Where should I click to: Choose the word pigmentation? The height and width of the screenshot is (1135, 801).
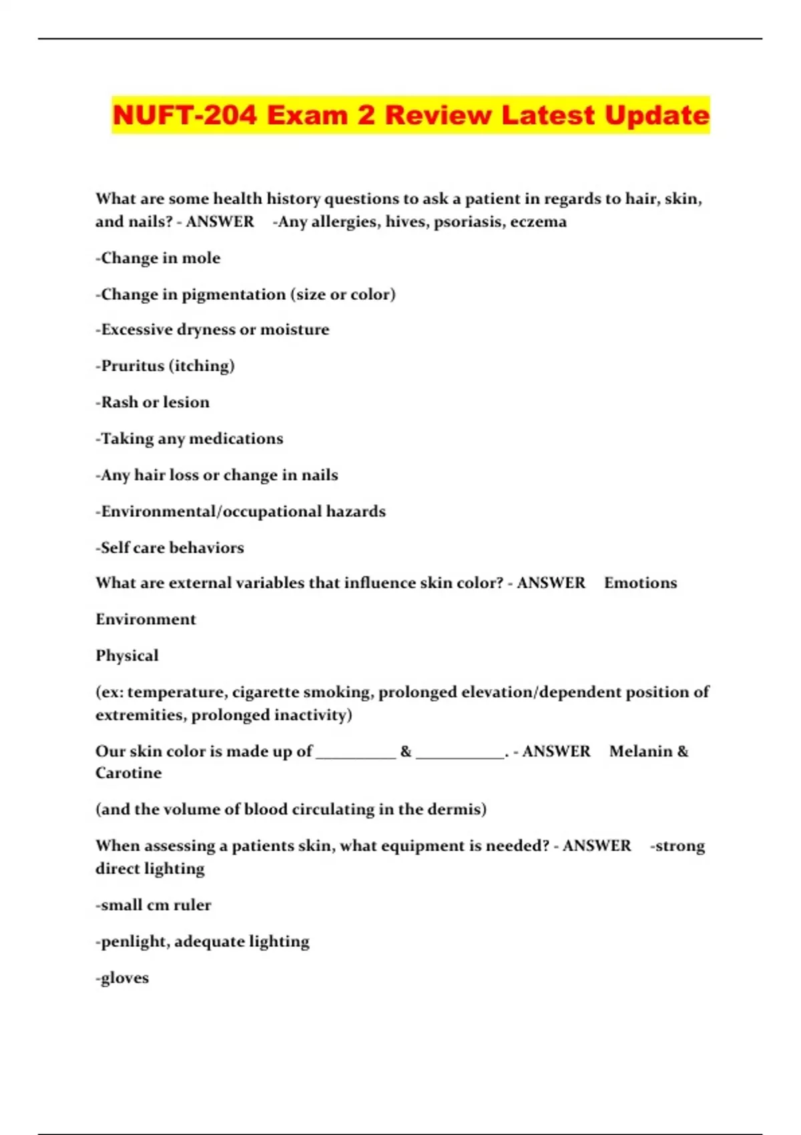point(234,294)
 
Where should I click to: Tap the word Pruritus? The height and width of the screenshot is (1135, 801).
point(132,366)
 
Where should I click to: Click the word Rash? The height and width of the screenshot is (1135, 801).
point(119,402)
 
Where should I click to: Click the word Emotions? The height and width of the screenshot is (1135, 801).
point(640,583)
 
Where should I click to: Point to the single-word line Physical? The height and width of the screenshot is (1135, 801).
point(127,656)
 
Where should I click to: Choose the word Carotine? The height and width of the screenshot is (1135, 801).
point(128,773)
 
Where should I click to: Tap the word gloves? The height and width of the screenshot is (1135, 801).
point(124,978)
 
